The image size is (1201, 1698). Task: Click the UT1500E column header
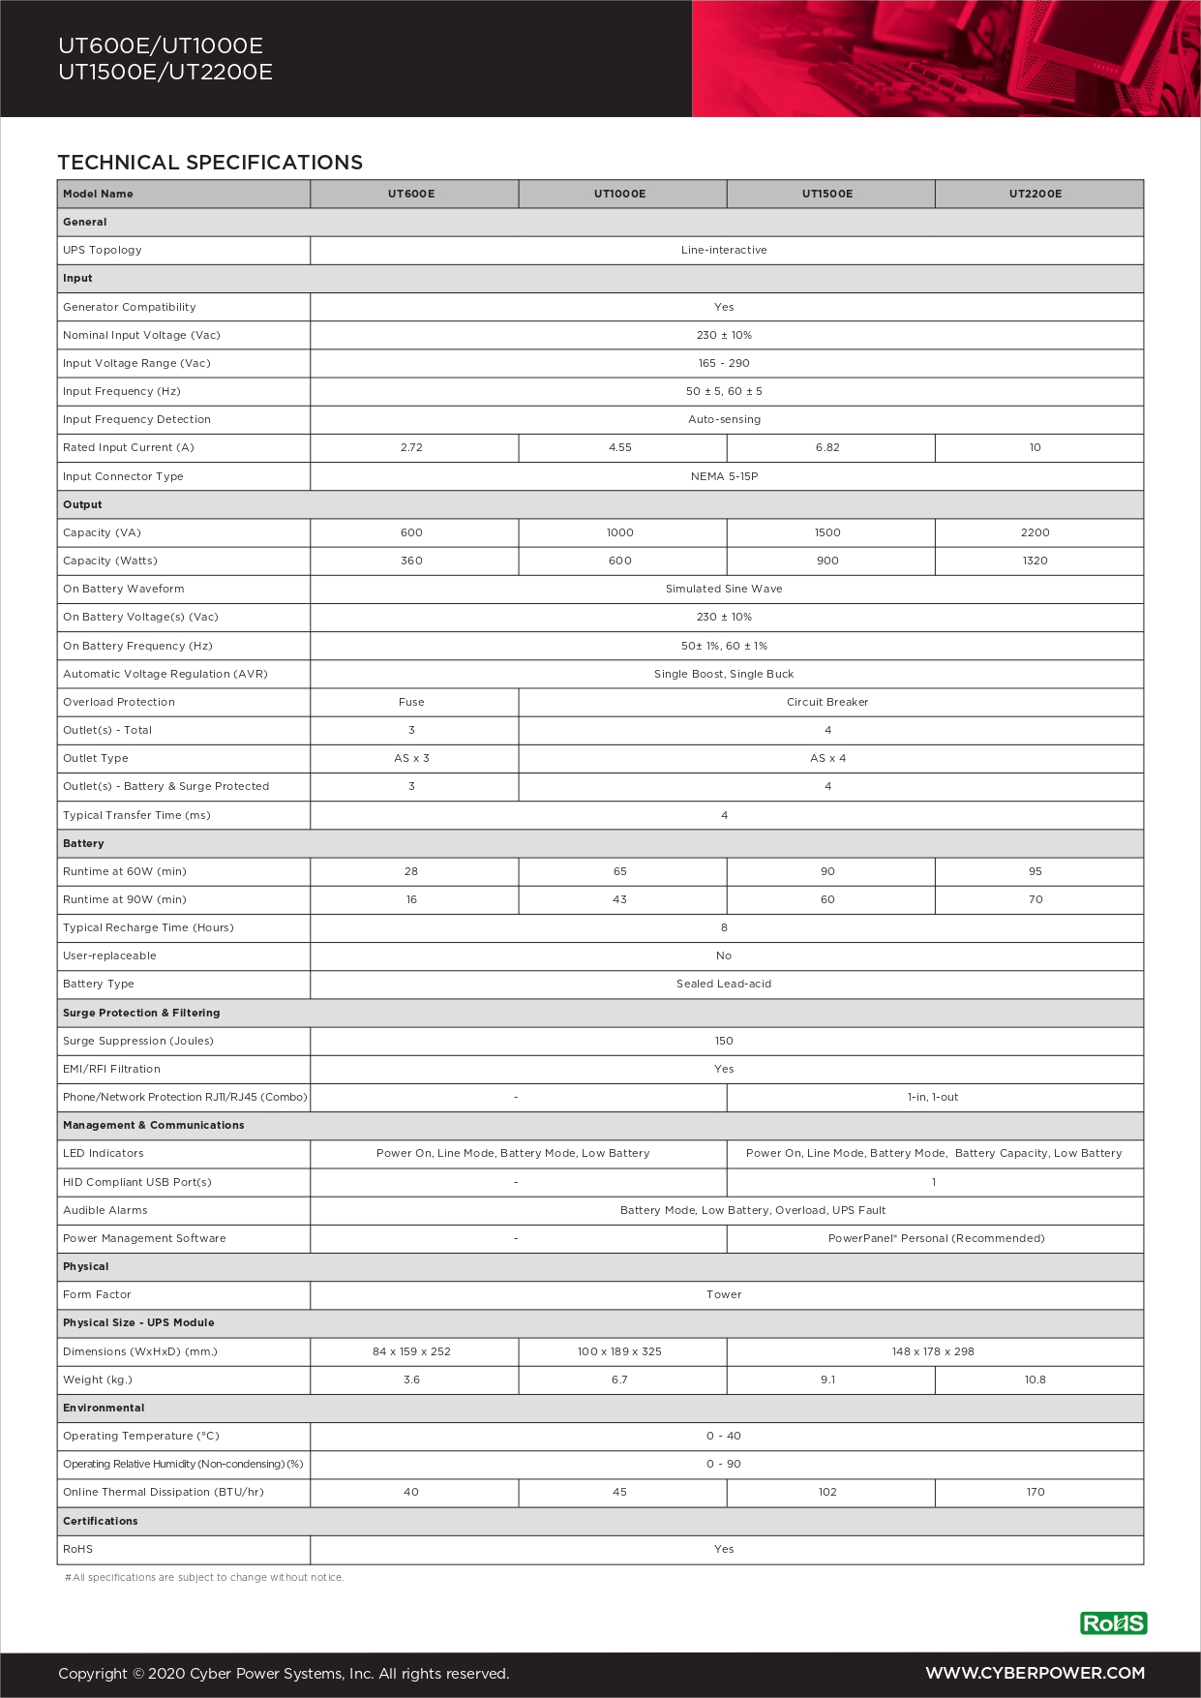tap(827, 194)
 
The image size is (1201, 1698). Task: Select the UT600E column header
tap(411, 194)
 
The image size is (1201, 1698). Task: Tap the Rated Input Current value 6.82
tap(827, 447)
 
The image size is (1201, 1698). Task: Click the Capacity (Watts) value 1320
tap(1035, 561)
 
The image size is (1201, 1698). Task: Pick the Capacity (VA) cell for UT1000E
tap(620, 532)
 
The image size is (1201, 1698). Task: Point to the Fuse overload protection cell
tap(411, 702)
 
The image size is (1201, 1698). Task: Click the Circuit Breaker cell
tap(827, 702)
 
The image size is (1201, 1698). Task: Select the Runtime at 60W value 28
tap(411, 871)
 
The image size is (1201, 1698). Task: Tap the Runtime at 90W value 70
tap(1036, 899)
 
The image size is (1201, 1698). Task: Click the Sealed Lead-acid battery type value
tap(724, 984)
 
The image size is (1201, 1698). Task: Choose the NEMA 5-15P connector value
tap(724, 476)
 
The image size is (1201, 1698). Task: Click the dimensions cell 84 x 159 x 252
tap(411, 1351)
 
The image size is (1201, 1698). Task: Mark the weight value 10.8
tap(1035, 1380)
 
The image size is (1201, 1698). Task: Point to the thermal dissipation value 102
tap(827, 1492)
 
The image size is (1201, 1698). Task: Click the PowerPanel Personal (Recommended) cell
tap(936, 1238)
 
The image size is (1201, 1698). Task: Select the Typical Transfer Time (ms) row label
tap(136, 815)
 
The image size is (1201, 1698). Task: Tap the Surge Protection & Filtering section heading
tap(141, 1013)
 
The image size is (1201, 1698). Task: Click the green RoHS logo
tap(1113, 1623)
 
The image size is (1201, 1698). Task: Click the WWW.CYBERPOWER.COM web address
tap(1035, 1673)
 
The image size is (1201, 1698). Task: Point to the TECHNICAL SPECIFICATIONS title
tap(210, 163)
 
